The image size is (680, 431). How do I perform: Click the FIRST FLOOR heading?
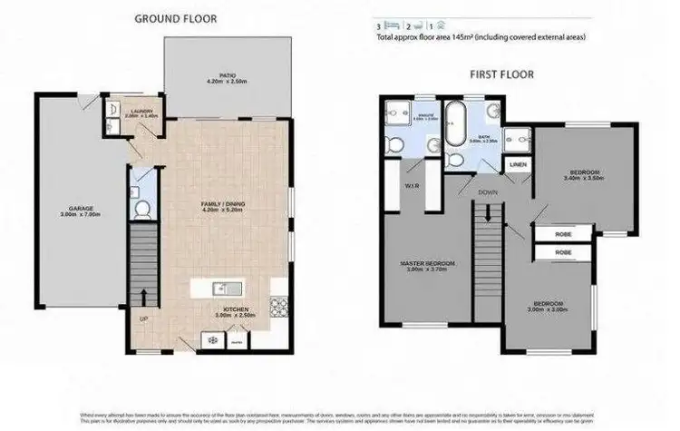(x=501, y=75)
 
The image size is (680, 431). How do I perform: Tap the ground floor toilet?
(x=141, y=210)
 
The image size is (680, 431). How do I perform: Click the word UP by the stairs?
(x=141, y=319)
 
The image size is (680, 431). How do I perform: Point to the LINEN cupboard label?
(x=518, y=165)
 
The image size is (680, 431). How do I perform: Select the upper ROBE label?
(x=561, y=234)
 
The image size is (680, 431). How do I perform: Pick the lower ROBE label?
(x=561, y=251)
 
